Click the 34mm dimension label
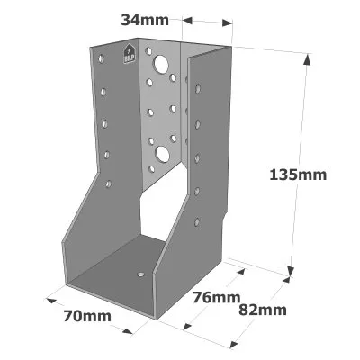[145, 20]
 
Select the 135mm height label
[298, 175]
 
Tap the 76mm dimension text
[216, 297]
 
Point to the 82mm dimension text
[263, 310]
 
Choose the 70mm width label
[87, 316]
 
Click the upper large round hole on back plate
[161, 64]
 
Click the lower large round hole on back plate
[162, 154]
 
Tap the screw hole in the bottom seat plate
[140, 274]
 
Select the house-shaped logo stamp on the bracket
[129, 54]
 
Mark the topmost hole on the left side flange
[102, 58]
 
